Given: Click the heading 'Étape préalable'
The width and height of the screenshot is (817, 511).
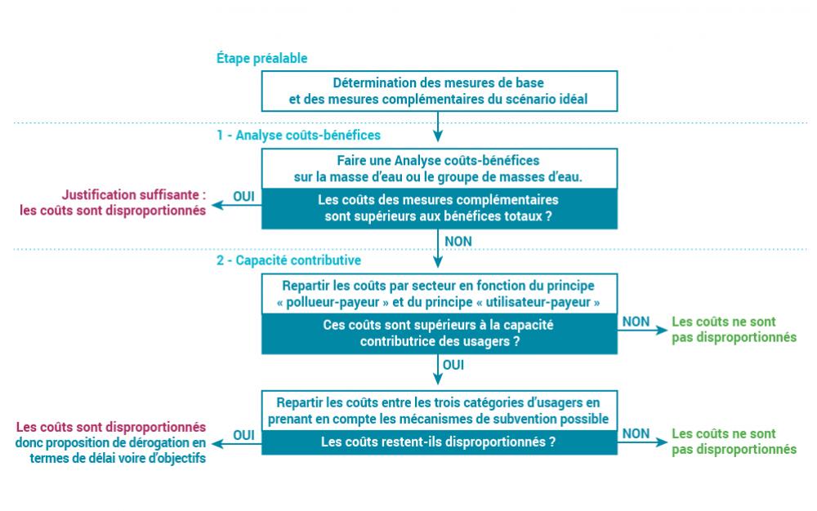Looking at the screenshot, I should [261, 59].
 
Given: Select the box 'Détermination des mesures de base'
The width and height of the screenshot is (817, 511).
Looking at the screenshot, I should [439, 91].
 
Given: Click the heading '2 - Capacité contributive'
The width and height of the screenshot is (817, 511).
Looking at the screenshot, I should [288, 261].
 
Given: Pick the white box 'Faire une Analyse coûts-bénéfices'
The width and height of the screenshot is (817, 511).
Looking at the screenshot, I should [439, 169].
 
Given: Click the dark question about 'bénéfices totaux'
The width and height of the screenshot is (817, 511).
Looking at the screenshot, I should [439, 208].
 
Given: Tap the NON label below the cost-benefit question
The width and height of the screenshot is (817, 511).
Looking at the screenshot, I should [458, 241].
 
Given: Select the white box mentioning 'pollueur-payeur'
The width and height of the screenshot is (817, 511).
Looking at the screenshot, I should [439, 294].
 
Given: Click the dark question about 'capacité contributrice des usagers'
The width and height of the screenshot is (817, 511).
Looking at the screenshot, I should [439, 333].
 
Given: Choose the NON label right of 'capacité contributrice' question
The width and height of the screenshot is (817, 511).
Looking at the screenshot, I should [636, 322].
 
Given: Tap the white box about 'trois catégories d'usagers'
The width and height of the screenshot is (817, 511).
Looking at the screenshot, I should [439, 411].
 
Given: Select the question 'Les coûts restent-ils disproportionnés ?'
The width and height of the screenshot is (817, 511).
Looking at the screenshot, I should [439, 443].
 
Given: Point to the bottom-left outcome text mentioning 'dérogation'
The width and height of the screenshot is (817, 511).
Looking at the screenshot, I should [111, 442].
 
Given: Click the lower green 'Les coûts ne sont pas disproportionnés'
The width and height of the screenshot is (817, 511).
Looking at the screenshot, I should [733, 442].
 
